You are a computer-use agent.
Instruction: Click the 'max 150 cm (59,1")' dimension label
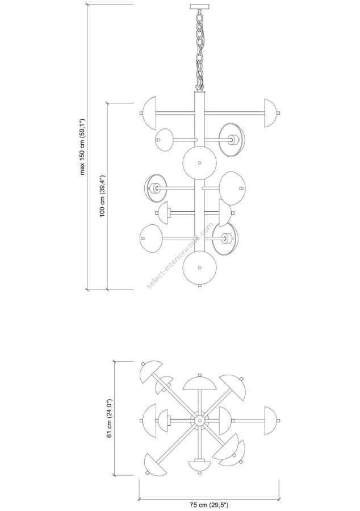click(82, 146)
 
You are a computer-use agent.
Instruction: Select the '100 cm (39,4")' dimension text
click(103, 196)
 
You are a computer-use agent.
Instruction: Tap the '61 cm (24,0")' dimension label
click(110, 419)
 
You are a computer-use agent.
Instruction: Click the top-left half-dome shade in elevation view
click(150, 112)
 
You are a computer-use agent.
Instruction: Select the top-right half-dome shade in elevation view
click(270, 112)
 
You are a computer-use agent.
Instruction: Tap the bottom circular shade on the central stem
click(199, 267)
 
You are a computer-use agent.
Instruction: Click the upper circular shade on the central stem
click(199, 162)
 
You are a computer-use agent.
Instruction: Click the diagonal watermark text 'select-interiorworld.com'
click(181, 256)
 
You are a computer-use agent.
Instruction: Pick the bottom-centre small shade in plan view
click(199, 465)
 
